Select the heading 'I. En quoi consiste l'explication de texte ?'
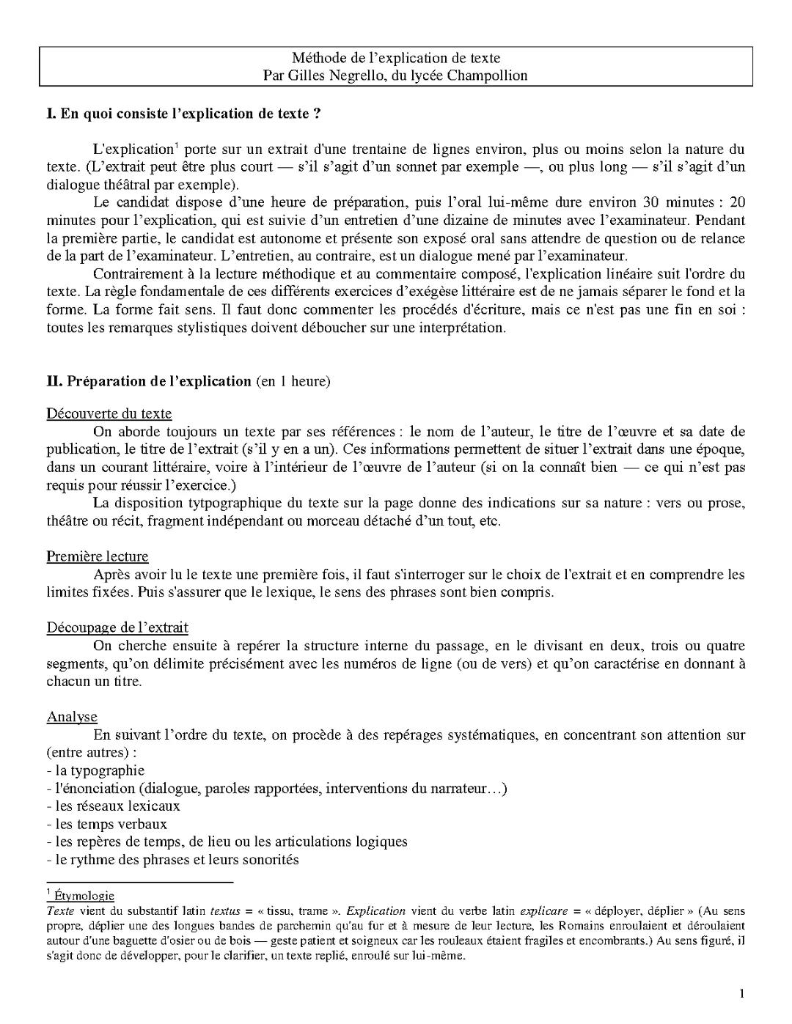click(183, 114)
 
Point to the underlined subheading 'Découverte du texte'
click(109, 413)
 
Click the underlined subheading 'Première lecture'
click(98, 556)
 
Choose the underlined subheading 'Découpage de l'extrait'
click(117, 627)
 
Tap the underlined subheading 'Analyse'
click(72, 716)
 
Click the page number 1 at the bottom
click(742, 994)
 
